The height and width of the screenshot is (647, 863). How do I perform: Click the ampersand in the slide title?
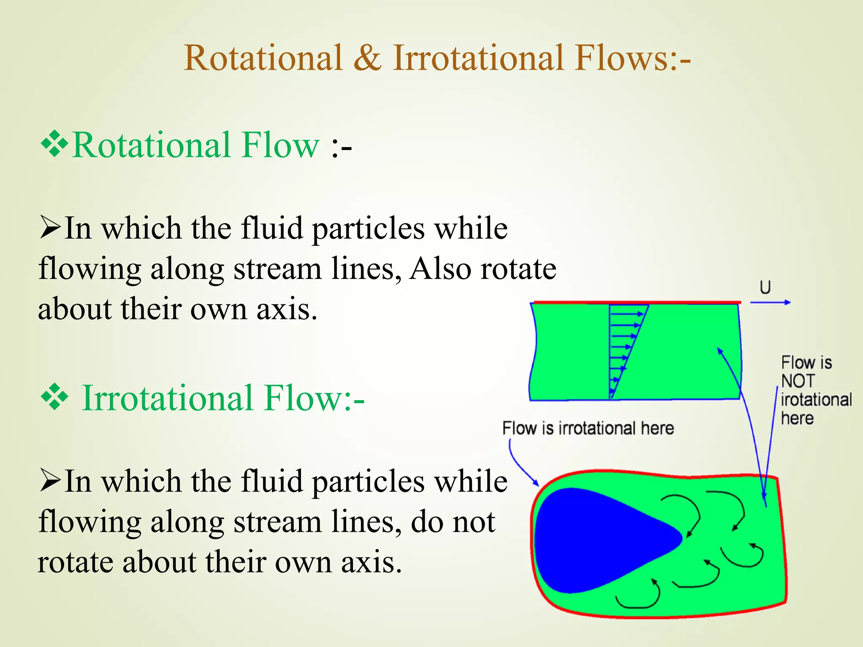tap(367, 58)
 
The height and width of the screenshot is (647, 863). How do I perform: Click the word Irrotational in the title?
tap(478, 58)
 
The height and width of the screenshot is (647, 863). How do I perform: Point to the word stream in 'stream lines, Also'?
tap(278, 269)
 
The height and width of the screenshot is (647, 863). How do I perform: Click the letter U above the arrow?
tap(765, 288)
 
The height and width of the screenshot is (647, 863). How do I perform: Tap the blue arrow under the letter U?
tap(770, 302)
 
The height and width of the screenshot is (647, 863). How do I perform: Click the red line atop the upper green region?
tap(636, 302)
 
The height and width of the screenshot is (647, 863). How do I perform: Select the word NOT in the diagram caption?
tap(798, 381)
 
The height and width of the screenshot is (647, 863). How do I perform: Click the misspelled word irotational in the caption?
tap(816, 400)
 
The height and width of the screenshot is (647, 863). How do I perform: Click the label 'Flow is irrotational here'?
tap(588, 428)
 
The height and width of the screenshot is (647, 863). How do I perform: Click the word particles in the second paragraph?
tap(368, 481)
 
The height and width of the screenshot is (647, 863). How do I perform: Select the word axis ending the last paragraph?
tap(371, 562)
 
